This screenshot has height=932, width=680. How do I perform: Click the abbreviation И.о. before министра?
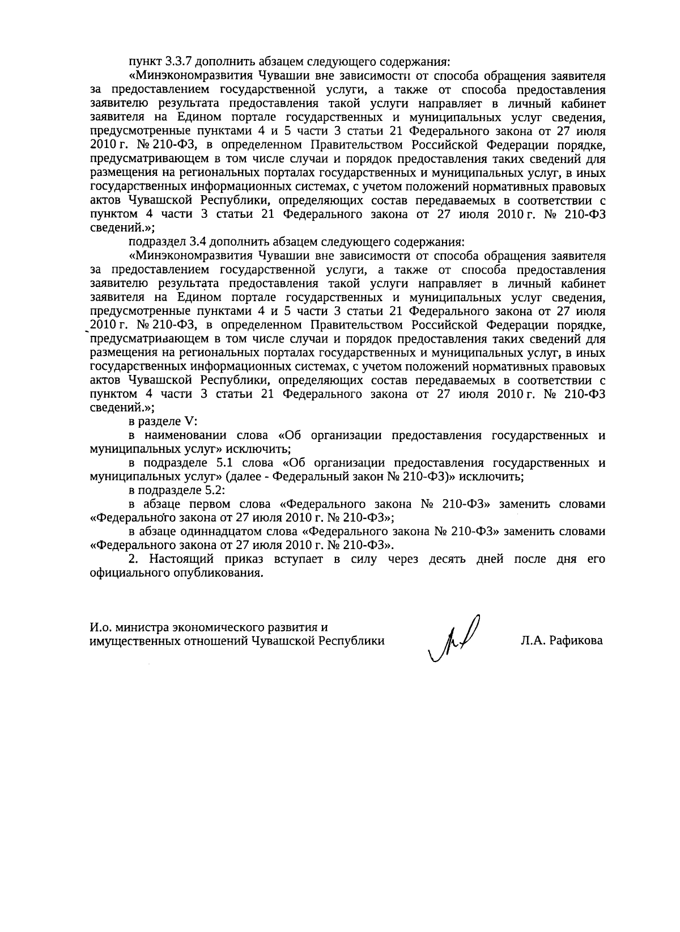(x=101, y=627)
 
